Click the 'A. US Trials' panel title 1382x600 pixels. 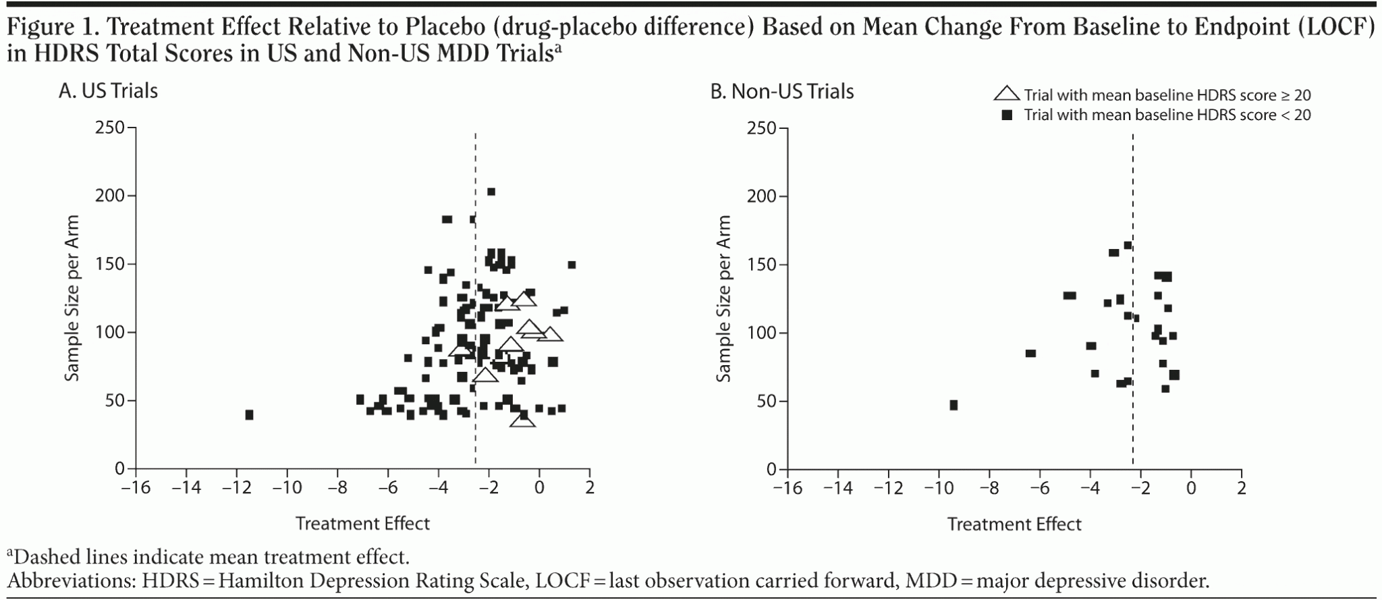[108, 90]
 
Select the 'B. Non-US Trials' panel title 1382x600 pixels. [781, 91]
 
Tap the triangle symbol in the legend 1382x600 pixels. [1007, 94]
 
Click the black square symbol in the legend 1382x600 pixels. [1007, 115]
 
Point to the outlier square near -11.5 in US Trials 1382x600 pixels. [249, 414]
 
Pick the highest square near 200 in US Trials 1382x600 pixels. [491, 192]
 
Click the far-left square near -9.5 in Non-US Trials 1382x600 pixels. [953, 405]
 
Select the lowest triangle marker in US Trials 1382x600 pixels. [523, 420]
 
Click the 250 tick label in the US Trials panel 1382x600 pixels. [111, 128]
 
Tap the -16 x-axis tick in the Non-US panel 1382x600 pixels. [787, 487]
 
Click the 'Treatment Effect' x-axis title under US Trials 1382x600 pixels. [362, 524]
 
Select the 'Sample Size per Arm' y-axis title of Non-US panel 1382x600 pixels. [723, 298]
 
